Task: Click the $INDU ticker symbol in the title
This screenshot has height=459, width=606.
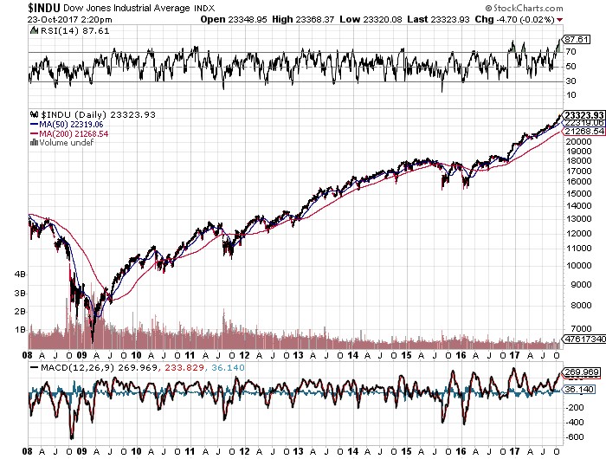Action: click(44, 8)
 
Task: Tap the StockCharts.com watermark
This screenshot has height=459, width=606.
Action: click(524, 8)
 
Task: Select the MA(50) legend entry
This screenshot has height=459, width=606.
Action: click(67, 124)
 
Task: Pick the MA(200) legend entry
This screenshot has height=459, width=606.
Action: click(69, 133)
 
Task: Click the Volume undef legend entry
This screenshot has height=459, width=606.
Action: click(61, 143)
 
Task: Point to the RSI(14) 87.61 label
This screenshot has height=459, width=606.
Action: click(70, 31)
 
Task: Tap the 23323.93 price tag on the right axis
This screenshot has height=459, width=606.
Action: click(584, 115)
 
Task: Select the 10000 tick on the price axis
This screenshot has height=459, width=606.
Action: click(578, 266)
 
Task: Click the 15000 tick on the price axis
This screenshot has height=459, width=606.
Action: click(578, 194)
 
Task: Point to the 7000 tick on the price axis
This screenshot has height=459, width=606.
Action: click(581, 329)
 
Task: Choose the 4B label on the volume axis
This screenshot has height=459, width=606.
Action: click(20, 275)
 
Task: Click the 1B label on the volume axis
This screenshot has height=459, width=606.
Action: click(20, 330)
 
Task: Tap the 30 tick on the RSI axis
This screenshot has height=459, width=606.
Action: click(571, 81)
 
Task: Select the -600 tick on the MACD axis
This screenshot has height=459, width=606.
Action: click(576, 437)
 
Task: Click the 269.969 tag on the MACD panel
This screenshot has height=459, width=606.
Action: click(582, 372)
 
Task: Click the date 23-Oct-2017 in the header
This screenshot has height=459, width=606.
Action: click(52, 19)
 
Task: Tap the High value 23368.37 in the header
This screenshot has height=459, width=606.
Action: click(314, 19)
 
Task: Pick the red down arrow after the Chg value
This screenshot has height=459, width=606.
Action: click(560, 20)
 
